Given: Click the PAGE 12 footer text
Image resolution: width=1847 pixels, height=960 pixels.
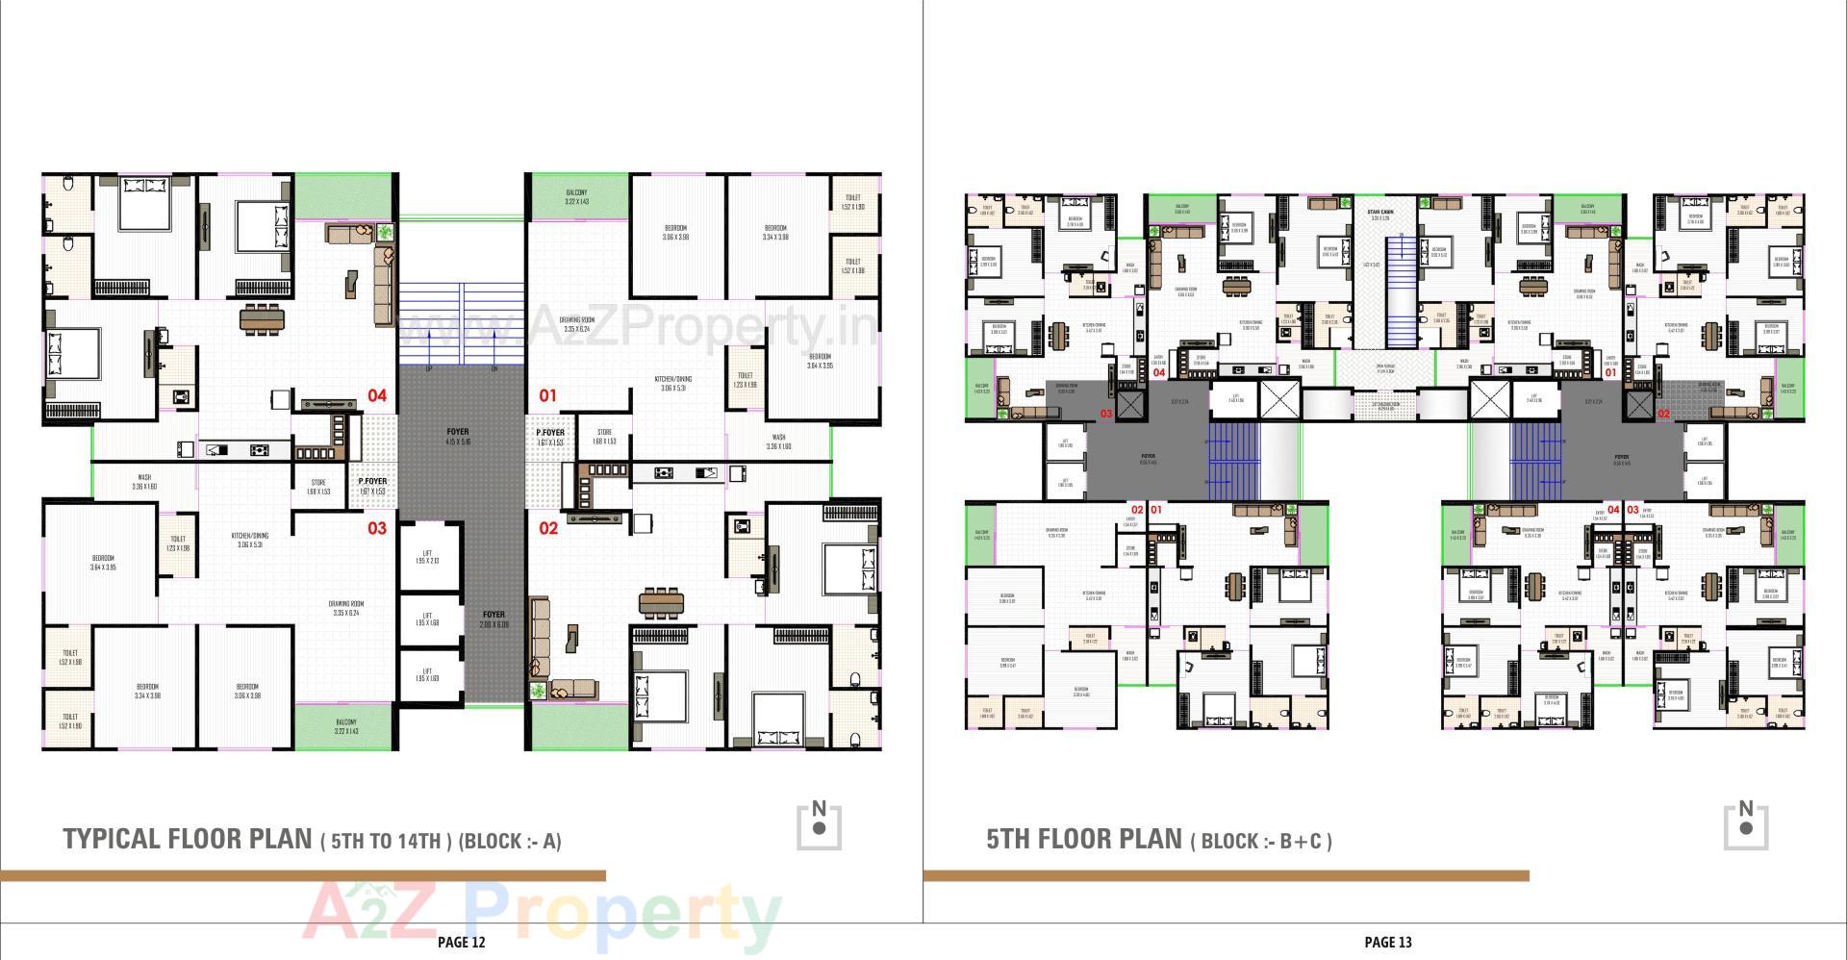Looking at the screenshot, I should tap(461, 942).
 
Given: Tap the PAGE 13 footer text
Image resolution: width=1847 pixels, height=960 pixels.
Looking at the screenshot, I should tap(1387, 942).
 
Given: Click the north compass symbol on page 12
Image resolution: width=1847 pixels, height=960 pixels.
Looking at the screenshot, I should tap(819, 825).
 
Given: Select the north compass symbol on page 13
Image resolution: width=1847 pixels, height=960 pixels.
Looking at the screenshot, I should tap(1745, 825).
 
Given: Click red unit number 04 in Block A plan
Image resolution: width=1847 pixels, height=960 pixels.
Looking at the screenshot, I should tap(377, 395).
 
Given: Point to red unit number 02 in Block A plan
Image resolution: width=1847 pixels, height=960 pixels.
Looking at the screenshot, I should tap(548, 528).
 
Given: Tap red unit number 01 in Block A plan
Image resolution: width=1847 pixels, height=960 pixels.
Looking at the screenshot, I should tap(547, 395).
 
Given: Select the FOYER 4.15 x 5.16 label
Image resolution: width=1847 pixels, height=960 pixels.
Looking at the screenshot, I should tap(458, 437).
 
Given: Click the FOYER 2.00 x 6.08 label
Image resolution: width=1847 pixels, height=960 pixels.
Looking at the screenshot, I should tap(493, 619).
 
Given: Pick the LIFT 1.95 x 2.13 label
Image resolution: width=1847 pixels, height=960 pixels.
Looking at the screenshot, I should tap(428, 557).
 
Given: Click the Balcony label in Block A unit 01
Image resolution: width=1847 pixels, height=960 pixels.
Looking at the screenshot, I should tap(575, 197).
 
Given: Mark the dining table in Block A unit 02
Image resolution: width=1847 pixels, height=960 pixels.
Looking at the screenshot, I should tap(661, 603).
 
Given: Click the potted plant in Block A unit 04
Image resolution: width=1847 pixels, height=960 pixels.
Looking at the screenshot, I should tap(386, 232).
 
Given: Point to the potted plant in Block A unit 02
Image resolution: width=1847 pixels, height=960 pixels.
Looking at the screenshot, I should tap(537, 691).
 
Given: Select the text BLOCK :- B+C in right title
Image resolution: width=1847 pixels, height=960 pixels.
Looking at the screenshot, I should tap(1261, 842).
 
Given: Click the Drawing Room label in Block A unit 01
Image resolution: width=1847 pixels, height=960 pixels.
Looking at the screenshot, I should tap(577, 324).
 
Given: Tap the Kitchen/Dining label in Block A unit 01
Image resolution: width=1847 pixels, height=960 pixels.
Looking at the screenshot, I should tap(673, 384).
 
